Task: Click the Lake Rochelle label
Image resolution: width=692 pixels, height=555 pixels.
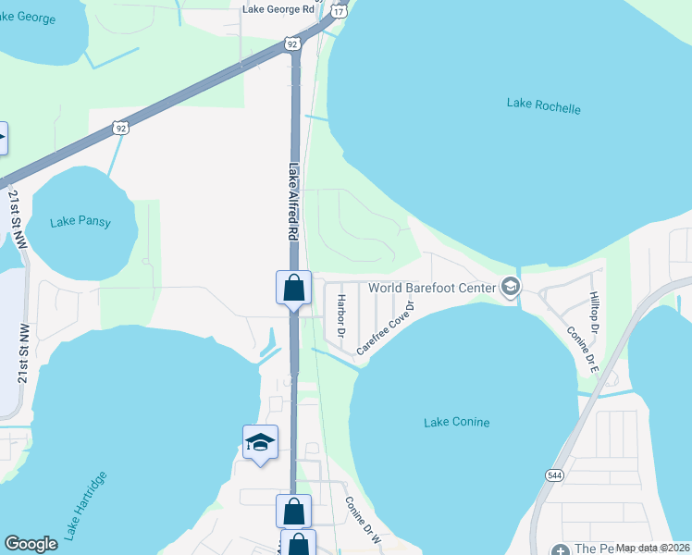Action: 543,105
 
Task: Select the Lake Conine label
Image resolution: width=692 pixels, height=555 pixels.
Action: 456,423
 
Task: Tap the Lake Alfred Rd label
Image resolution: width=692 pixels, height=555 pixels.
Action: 294,203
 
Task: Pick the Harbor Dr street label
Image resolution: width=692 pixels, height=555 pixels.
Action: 341,316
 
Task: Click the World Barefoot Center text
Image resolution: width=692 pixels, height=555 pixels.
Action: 432,288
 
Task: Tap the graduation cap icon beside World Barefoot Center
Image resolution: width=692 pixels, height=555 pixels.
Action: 509,288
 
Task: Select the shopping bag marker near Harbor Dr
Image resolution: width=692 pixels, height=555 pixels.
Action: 293,288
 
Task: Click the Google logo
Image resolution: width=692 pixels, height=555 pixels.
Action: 31,544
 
